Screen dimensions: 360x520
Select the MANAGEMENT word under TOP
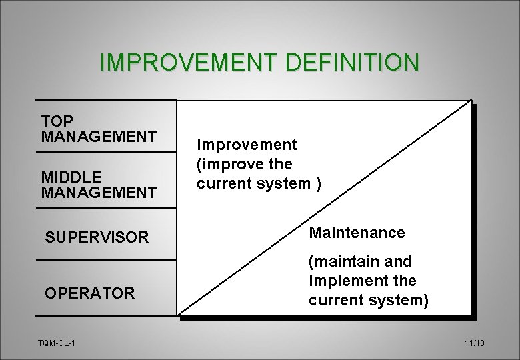click(x=99, y=137)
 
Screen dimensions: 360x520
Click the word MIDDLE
click(x=71, y=177)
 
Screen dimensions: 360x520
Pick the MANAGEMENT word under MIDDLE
click(x=99, y=193)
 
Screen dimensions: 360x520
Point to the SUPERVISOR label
click(x=97, y=237)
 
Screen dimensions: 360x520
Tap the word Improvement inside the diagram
click(x=247, y=145)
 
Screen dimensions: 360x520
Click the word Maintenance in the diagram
click(x=357, y=233)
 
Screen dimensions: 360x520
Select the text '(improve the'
click(x=244, y=164)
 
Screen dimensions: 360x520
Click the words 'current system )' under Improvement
click(x=259, y=183)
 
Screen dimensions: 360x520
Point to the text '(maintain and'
click(x=360, y=261)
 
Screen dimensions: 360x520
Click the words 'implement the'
click(x=362, y=281)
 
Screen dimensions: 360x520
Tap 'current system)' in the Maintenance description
click(x=368, y=300)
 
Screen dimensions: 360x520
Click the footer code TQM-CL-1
click(x=57, y=343)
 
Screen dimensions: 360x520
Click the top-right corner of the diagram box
click(x=471, y=101)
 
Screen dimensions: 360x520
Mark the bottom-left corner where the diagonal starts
click(x=178, y=314)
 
